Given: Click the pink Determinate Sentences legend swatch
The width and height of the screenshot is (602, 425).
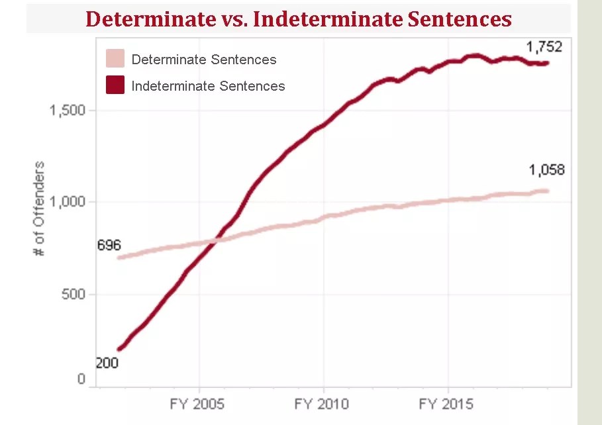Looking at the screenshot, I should click(115, 59).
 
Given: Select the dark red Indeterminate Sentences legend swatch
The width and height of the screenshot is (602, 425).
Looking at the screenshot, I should click(115, 85).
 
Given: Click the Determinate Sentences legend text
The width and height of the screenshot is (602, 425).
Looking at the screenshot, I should click(204, 60).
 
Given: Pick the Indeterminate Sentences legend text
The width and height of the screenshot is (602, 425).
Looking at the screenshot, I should click(208, 86).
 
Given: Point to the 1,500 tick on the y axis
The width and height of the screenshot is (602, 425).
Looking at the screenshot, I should click(68, 111).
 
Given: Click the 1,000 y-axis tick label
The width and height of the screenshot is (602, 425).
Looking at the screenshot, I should click(68, 202).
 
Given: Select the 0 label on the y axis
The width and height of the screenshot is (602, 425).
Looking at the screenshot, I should click(81, 379).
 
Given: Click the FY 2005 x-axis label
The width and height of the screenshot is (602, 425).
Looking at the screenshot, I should click(198, 404).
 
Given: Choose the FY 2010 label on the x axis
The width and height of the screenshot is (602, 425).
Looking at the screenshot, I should click(323, 404).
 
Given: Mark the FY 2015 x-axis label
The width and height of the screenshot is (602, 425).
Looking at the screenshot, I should click(447, 404).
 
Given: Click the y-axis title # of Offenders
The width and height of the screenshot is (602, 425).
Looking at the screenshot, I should click(40, 209).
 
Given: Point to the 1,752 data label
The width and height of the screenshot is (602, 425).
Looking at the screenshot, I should click(544, 47).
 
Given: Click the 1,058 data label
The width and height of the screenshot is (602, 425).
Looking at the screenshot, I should click(546, 170).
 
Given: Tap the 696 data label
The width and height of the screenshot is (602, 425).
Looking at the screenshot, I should click(109, 246).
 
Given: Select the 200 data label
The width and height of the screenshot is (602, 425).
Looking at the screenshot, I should click(107, 363).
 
